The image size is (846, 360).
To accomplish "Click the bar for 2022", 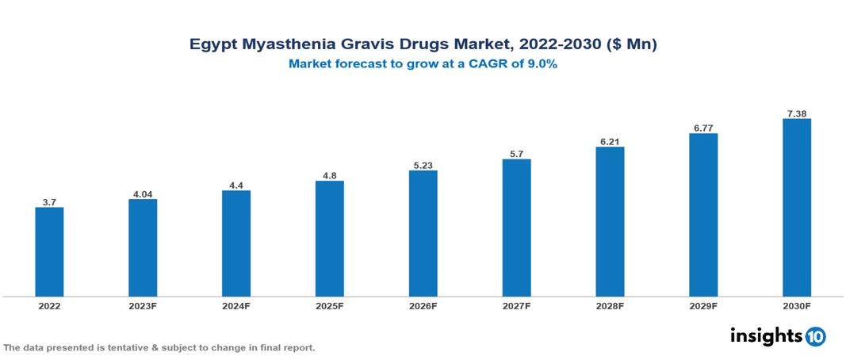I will [x=49, y=252].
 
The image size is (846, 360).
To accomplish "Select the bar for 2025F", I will [x=329, y=239].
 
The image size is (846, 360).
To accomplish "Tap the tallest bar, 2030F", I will [x=797, y=208].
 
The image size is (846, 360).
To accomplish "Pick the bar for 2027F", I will [x=516, y=228].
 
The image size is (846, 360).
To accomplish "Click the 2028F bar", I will [x=610, y=222].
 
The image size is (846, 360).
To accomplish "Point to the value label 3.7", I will [x=49, y=202].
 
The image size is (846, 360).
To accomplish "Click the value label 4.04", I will [x=143, y=193].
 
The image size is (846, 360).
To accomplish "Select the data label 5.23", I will [x=423, y=165].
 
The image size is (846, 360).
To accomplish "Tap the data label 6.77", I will [x=703, y=128].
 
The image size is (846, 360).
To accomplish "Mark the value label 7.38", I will [x=797, y=113].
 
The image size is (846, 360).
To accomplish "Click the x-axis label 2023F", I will [x=143, y=305].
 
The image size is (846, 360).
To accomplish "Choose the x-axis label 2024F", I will [x=236, y=305].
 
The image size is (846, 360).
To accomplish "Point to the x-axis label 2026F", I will [x=423, y=305].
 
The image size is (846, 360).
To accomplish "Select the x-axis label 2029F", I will [x=703, y=305].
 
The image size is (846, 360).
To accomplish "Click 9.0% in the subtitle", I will [x=539, y=65].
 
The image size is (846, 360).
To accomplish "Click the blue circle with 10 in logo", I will [x=815, y=336].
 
